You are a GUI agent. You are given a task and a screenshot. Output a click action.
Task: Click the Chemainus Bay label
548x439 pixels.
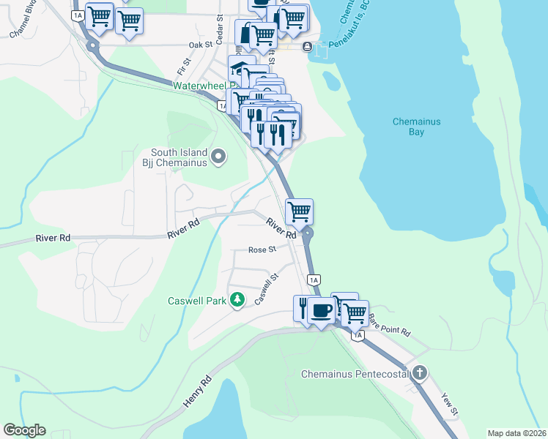coord(416,127)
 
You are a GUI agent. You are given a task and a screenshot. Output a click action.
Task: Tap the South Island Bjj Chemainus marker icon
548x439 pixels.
coord(218,156)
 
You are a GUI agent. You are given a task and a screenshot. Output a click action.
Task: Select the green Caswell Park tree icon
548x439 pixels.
coord(237,300)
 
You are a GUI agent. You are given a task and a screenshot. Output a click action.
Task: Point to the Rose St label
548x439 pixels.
coord(262,249)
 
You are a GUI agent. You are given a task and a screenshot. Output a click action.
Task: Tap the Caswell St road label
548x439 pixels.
coord(267,289)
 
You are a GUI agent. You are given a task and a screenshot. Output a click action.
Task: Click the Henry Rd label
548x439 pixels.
coord(197,392)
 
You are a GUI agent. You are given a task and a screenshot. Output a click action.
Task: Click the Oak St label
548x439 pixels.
coord(200,45)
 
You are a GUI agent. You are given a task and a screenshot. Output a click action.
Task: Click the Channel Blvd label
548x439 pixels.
coord(23,23)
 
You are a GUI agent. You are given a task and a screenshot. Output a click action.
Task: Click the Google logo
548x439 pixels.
coord(24,430)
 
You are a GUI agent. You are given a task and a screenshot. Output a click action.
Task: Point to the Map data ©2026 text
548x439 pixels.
coord(517,433)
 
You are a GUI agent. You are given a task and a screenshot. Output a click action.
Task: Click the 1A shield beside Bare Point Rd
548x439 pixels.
coord(357,336)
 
